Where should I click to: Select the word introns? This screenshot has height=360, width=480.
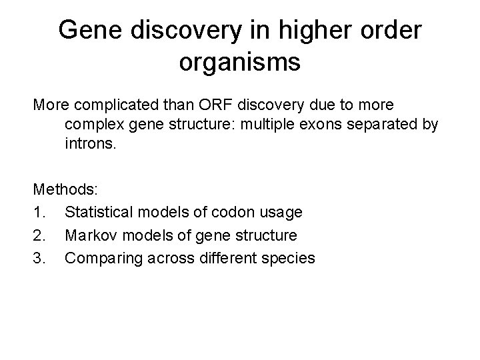(90, 143)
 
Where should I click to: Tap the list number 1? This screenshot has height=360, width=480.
(37, 212)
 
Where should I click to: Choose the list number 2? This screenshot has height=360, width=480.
(37, 235)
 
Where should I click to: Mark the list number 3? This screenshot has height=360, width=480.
(37, 257)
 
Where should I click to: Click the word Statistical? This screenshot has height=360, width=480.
(97, 212)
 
